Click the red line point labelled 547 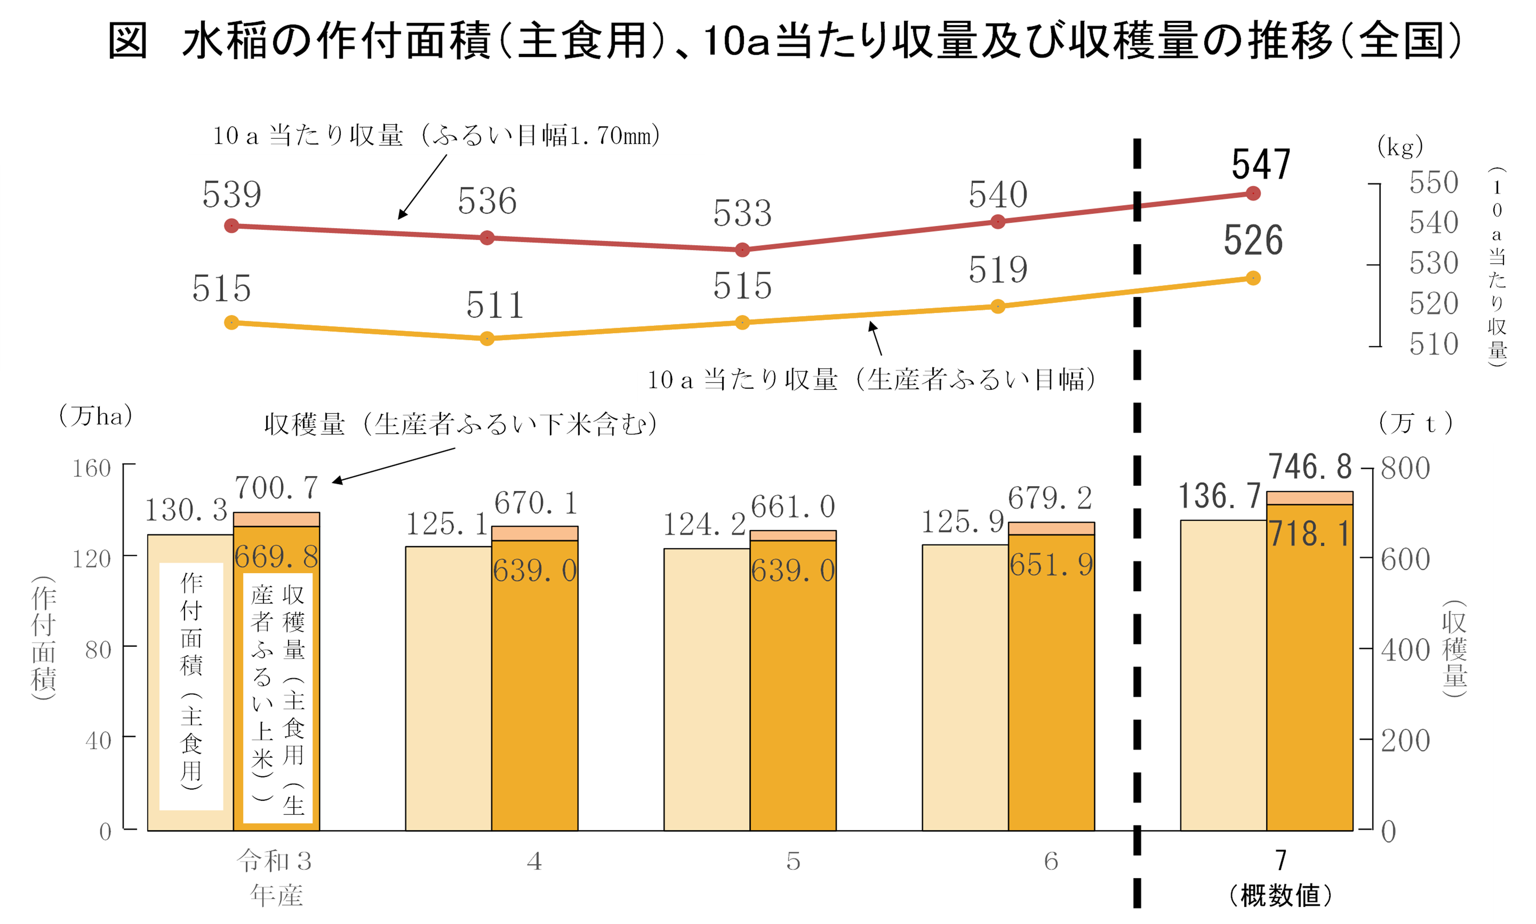point(1253,194)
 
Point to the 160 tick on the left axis point(92,468)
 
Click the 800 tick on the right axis point(1405,468)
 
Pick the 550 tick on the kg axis point(1433,182)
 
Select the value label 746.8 point(1310,467)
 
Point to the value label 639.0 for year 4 point(534,570)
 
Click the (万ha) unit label point(95,416)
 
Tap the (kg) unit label point(1400,147)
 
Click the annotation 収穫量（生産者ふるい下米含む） point(461,425)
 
